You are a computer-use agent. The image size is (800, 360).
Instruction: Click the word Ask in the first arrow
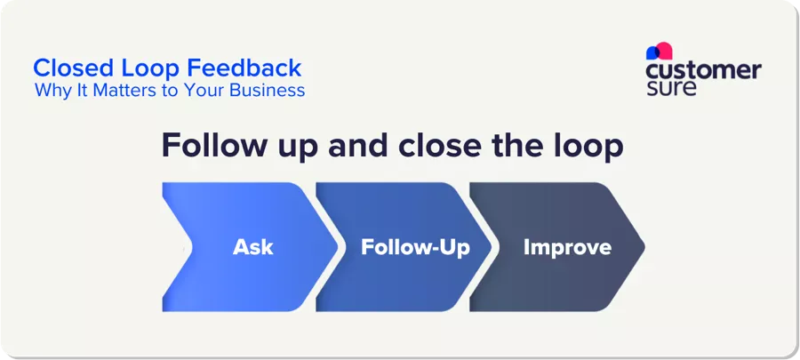252,247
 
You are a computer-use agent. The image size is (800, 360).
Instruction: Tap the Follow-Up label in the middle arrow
415,247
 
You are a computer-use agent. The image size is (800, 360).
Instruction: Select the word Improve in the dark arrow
567,247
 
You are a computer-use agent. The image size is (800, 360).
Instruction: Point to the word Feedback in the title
253,68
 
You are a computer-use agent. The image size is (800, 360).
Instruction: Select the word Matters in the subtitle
116,91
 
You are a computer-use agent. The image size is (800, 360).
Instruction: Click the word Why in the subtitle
51,91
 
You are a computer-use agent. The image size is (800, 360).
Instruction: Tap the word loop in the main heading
588,146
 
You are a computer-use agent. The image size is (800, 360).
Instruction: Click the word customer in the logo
703,70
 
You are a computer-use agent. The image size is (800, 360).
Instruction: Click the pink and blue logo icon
659,51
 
